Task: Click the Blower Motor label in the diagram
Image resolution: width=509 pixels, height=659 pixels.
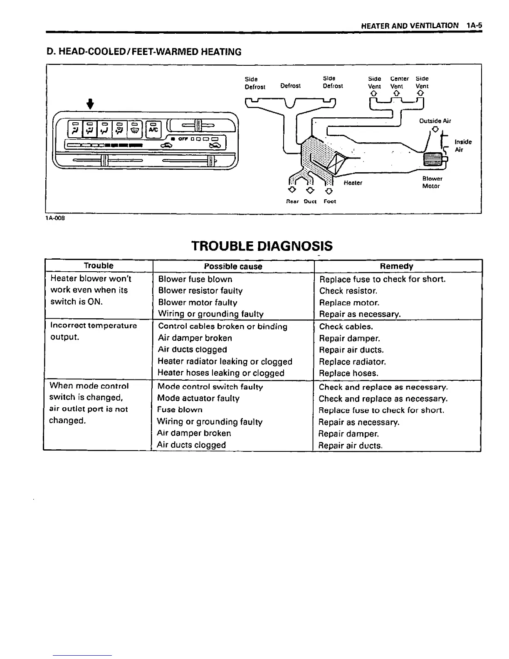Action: pos(432,182)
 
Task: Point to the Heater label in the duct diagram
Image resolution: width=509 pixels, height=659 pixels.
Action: pos(353,183)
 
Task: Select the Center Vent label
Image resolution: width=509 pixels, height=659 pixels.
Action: pos(399,82)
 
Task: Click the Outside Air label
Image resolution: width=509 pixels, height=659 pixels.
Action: pos(435,121)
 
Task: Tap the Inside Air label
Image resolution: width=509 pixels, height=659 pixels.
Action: pos(463,146)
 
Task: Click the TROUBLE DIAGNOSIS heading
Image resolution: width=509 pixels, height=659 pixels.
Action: pos(262,246)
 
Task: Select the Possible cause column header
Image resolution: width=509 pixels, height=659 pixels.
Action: pos(233,266)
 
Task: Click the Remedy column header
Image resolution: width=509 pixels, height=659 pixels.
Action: pos(396,266)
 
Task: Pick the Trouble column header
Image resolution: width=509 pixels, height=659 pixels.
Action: pos(99,266)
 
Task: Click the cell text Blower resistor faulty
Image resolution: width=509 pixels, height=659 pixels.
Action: pos(200,291)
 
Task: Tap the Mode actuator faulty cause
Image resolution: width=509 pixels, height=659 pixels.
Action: pos(198,398)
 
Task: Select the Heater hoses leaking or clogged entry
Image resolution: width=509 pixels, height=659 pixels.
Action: pos(221,373)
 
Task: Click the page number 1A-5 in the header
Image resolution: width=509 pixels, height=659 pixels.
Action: pos(474,25)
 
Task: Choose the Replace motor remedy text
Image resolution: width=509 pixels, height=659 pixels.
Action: pos(349,303)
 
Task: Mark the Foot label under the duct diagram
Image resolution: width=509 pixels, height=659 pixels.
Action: pos(330,201)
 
